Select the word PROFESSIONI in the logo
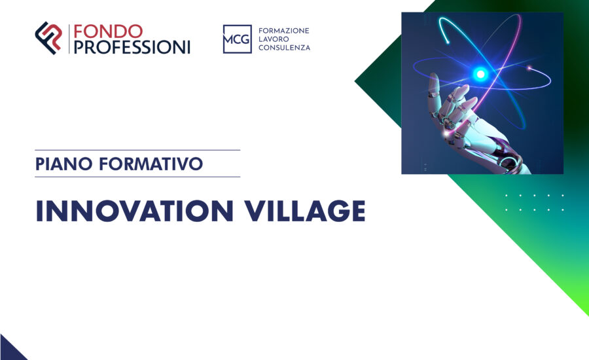tap(132, 46)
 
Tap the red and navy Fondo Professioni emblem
tap(48, 38)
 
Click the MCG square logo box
tap(237, 39)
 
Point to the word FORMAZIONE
tap(284, 31)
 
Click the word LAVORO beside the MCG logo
tap(275, 39)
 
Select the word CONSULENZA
tap(285, 48)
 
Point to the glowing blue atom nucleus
tap(481, 74)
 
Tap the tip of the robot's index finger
tap(463, 89)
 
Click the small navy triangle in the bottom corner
tap(9, 350)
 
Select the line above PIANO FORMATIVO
tap(137, 150)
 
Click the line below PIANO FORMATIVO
tap(137, 177)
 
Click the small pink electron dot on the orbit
tap(530, 68)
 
